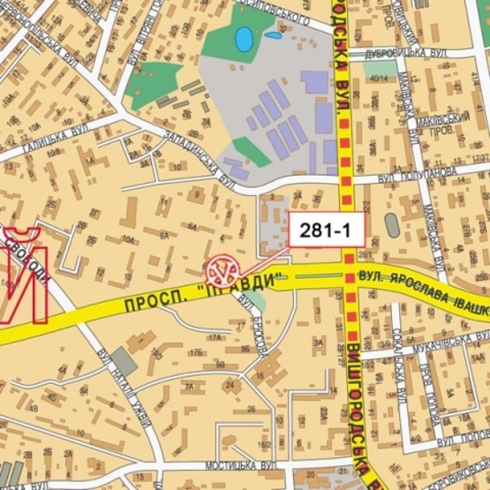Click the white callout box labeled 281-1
(328, 231)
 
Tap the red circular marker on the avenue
(222, 267)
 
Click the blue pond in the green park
(242, 39)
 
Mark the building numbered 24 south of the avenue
(229, 384)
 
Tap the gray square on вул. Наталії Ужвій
(124, 361)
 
